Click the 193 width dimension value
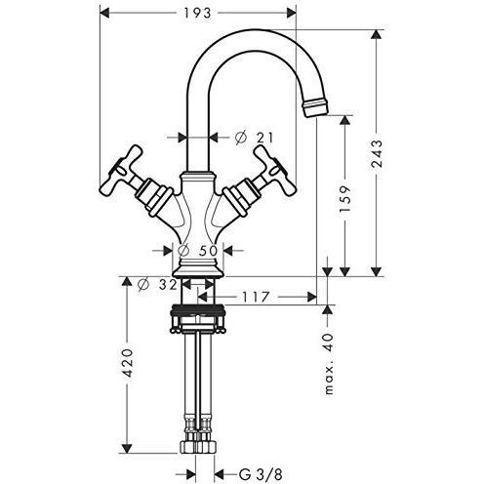coord(197,13)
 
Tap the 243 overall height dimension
coord(377,154)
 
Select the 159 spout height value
coord(345,199)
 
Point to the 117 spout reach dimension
coord(256,297)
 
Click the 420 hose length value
coord(127,363)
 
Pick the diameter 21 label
coord(254,139)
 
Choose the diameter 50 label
coord(197,251)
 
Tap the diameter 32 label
coord(157,285)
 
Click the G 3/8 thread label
coord(261,474)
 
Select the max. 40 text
coord(329,364)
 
